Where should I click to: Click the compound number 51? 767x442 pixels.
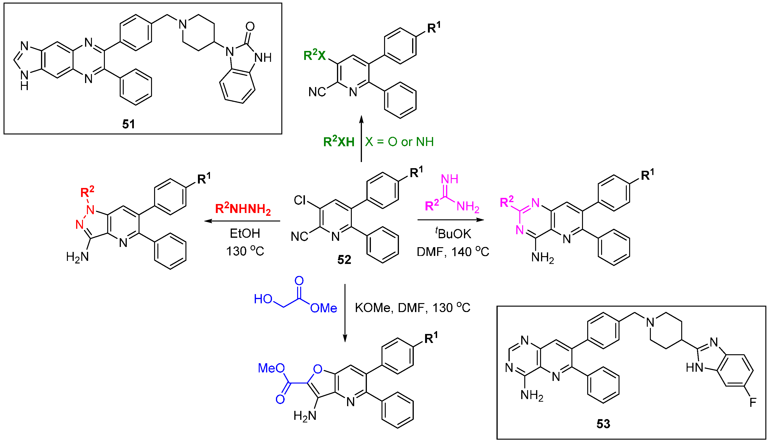coord(129,124)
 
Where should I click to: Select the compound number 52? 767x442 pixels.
coord(344,259)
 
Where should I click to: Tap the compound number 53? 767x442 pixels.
coord(603,423)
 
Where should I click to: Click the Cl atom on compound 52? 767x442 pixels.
coord(300,200)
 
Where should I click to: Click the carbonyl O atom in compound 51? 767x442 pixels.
coord(250,26)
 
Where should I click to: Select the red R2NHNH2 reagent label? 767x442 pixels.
coord(243,209)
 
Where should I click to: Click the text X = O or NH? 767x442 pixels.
coord(399,142)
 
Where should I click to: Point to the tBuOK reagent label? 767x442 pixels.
coord(453,234)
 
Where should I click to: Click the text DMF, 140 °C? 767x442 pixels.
coord(453,252)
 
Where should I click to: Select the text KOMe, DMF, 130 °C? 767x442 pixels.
coord(412,308)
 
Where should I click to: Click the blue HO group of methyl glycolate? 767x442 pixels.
coord(263,299)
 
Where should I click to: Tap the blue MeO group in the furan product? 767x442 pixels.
coord(271,368)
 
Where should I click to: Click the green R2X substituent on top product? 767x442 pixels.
coord(315,55)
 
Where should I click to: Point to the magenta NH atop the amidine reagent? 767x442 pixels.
coord(449,179)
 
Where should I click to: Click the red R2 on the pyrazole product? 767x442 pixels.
coord(87,192)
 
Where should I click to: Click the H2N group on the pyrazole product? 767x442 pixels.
coord(77,257)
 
